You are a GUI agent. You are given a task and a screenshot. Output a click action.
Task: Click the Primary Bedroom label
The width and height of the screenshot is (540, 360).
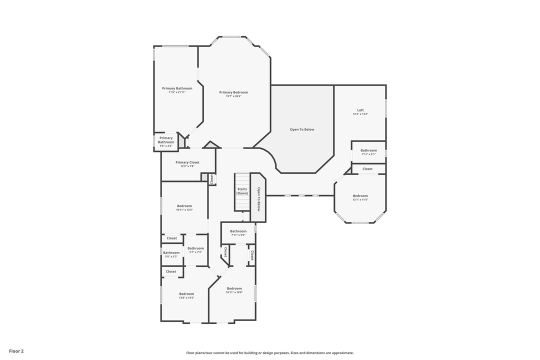pos(233,92)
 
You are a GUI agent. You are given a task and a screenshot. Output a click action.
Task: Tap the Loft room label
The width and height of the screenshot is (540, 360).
pos(360,110)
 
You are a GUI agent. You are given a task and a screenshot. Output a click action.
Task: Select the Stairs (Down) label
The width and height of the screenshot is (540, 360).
pos(242,191)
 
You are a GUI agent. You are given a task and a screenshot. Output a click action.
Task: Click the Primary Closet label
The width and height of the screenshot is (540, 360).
pos(187,162)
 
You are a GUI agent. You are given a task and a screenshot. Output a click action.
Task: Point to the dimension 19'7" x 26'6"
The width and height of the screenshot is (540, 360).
pos(233,96)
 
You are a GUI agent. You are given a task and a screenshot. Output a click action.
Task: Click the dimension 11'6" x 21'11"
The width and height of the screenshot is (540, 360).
pos(177,92)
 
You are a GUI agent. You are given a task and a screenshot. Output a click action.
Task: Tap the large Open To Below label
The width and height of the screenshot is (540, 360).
pos(302,129)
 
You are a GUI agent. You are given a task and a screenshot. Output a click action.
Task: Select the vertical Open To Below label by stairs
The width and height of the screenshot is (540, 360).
pos(258,199)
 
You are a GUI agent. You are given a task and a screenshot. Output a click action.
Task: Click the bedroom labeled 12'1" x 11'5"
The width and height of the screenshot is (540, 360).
pos(360,196)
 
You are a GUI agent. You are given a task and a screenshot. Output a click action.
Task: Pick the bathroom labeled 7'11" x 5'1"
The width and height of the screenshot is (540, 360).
pos(368,150)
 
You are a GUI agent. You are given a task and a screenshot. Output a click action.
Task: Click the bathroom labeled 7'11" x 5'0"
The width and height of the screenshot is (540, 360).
pos(238,231)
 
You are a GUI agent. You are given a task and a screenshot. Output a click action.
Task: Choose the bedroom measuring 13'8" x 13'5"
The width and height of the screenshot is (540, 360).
pos(186,294)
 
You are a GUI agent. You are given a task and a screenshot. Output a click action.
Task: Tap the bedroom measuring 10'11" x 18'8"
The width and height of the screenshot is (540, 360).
pos(234,288)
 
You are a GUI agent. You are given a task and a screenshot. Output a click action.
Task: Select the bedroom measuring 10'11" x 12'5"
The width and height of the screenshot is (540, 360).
pos(184,206)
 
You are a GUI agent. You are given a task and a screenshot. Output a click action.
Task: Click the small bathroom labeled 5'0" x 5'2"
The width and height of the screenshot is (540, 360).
pos(171,252)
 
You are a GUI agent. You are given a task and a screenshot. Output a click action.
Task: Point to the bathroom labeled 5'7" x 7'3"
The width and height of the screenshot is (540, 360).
pos(195,248)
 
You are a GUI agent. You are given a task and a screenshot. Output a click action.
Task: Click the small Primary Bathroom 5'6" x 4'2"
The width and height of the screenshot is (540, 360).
pos(166,140)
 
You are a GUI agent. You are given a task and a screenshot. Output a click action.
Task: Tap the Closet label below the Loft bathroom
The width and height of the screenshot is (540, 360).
pos(367,169)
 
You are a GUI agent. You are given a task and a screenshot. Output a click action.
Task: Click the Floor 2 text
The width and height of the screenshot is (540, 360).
pos(16,351)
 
